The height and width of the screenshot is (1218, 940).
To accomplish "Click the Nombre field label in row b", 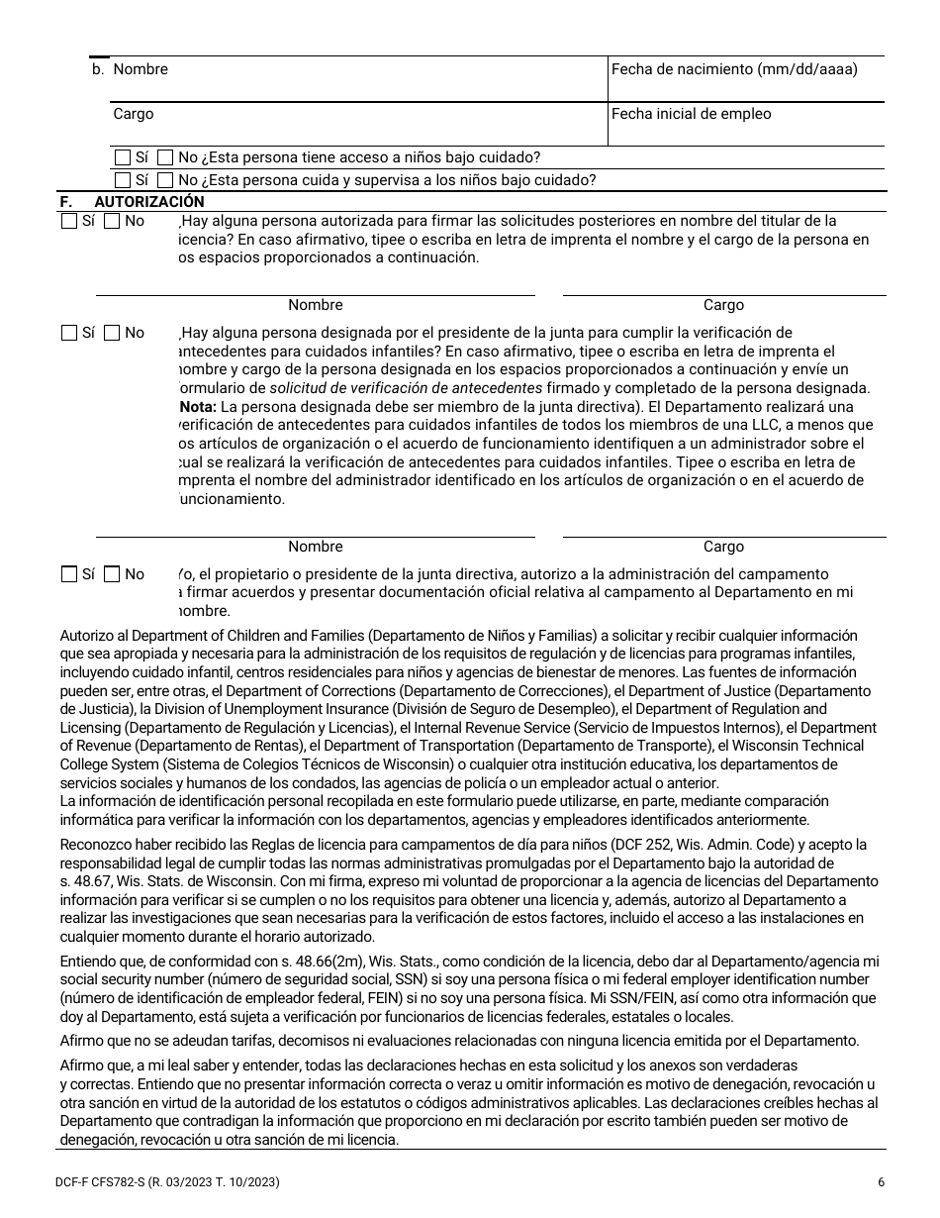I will tap(140, 69).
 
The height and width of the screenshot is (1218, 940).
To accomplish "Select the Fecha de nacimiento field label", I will tap(734, 69).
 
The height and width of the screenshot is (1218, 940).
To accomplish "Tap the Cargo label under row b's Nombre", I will tap(133, 114).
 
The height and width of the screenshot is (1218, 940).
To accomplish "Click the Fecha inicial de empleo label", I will tap(691, 114).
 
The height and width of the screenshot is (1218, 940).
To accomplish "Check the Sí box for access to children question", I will tap(123, 157).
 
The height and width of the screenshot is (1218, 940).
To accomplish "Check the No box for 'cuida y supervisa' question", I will tap(166, 180).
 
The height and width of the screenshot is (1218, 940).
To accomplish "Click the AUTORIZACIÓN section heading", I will tap(148, 201).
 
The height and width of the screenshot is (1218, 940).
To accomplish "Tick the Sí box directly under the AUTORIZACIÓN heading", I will tap(69, 222).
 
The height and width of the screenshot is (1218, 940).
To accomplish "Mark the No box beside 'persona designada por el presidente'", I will tap(112, 334).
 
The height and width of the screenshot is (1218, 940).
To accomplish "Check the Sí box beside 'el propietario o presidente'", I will tap(69, 574).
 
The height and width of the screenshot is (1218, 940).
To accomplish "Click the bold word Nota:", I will tap(197, 407).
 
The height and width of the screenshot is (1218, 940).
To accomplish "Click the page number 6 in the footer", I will tap(881, 1182).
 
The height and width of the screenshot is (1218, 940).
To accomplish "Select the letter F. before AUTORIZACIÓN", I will tap(66, 201).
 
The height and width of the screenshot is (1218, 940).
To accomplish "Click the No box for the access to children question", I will tap(166, 157).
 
